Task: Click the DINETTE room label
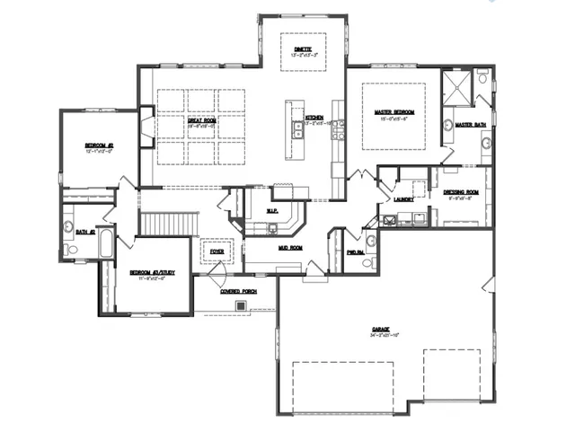coord(301,48)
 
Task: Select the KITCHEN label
coord(314,118)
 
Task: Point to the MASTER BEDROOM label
coord(393,112)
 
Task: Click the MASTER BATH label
coord(469,125)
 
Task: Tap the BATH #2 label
coord(85,230)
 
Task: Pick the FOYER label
coord(217,252)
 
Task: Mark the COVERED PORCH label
coord(240,291)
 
